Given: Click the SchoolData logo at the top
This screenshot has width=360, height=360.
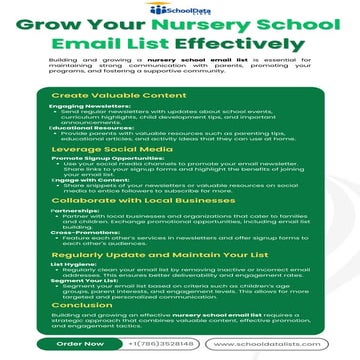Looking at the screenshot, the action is click(x=180, y=8).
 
